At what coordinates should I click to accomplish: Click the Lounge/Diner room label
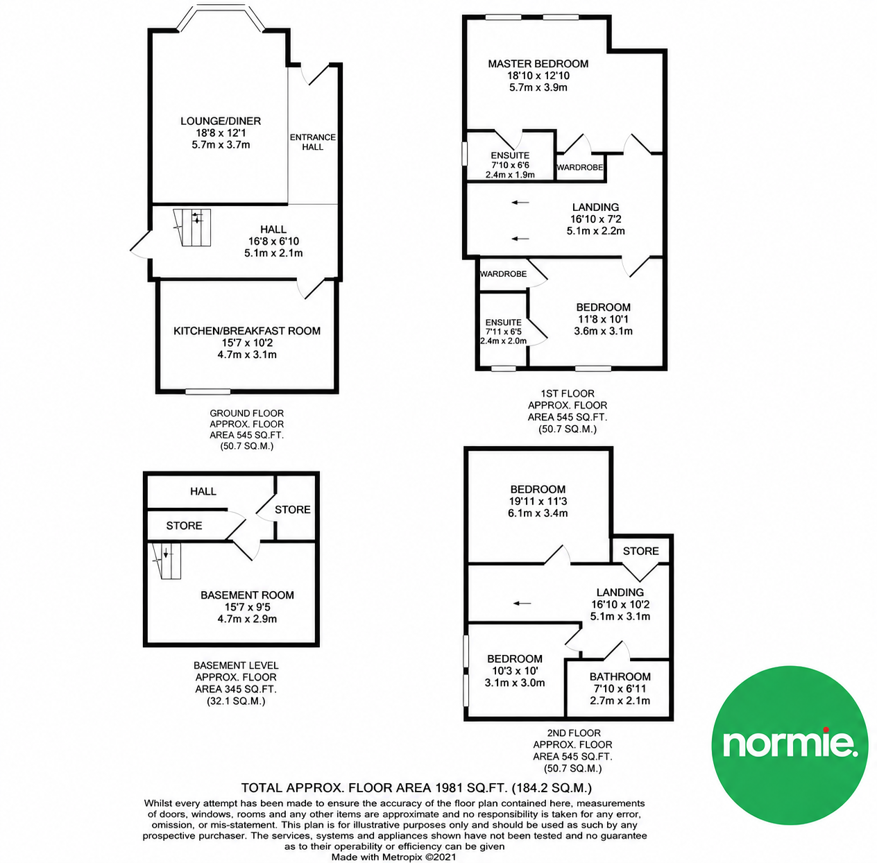pyautogui.click(x=221, y=121)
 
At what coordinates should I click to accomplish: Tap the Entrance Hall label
pyautogui.click(x=313, y=142)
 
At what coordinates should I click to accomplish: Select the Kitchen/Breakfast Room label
pyautogui.click(x=247, y=331)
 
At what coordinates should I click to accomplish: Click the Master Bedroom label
pyautogui.click(x=538, y=64)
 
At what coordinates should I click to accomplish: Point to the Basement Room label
pyautogui.click(x=247, y=595)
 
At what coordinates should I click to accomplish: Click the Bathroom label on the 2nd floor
pyautogui.click(x=620, y=677)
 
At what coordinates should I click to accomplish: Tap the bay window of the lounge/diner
pyautogui.click(x=221, y=17)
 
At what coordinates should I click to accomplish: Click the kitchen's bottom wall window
pyautogui.click(x=207, y=391)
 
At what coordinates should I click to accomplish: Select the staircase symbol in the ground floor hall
pyautogui.click(x=191, y=228)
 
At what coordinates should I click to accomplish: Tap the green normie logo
pyautogui.click(x=790, y=746)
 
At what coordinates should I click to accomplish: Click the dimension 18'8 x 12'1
pyautogui.click(x=221, y=133)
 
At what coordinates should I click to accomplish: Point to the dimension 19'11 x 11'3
pyautogui.click(x=538, y=502)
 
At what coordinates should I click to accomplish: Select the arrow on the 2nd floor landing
pyautogui.click(x=522, y=604)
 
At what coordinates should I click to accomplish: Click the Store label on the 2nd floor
pyautogui.click(x=640, y=552)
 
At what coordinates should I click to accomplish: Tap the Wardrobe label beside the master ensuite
pyautogui.click(x=580, y=167)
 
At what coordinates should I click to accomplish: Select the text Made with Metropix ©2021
pyautogui.click(x=393, y=857)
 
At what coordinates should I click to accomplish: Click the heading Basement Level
pyautogui.click(x=236, y=665)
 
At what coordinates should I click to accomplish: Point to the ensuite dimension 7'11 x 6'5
pyautogui.click(x=503, y=332)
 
